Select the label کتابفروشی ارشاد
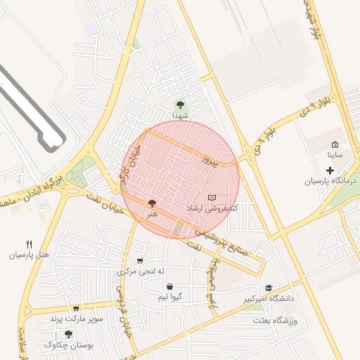(x=212, y=209)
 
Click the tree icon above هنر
(x=153, y=203)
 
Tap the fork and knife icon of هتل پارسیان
(x=29, y=245)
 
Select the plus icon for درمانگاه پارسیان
(x=330, y=170)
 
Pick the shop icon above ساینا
(x=334, y=143)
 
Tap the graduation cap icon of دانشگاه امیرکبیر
(x=269, y=288)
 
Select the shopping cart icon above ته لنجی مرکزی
(x=140, y=260)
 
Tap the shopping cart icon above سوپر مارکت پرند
(x=76, y=308)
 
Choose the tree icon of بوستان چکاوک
(x=68, y=334)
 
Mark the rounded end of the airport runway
(x=51, y=146)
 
